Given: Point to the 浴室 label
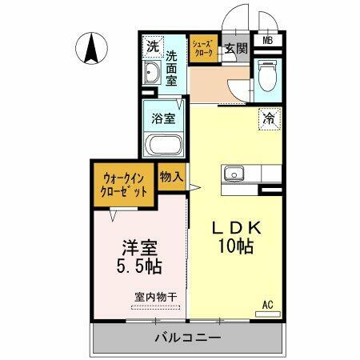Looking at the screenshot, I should point(165,118).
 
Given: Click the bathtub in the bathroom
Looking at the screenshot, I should point(165,146).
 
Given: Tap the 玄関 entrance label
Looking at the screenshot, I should point(235,48).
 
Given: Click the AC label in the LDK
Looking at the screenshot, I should point(269,305).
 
